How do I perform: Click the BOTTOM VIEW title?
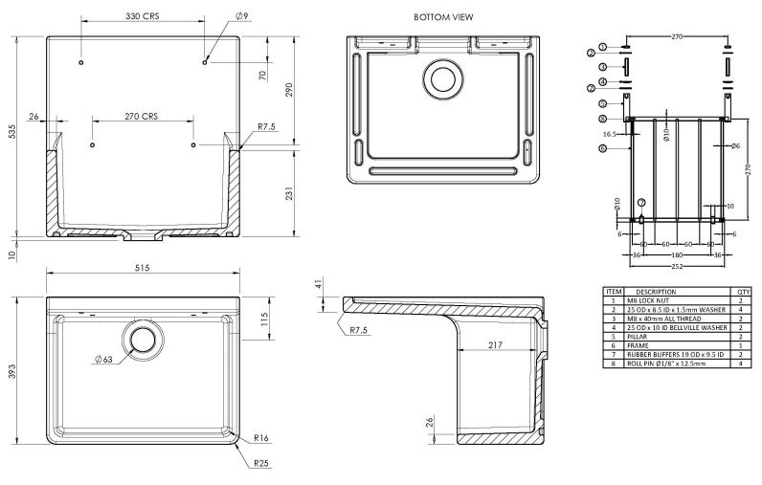[x=442, y=17]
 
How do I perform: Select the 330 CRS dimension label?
[x=143, y=17]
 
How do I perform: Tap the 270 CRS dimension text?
[x=142, y=116]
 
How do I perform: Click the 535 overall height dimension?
[x=12, y=135]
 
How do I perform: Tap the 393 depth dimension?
[x=12, y=370]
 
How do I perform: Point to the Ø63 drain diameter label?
[x=105, y=359]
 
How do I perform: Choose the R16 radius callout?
[x=260, y=439]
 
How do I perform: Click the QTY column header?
[x=743, y=291]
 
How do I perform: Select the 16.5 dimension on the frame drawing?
[x=609, y=135]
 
